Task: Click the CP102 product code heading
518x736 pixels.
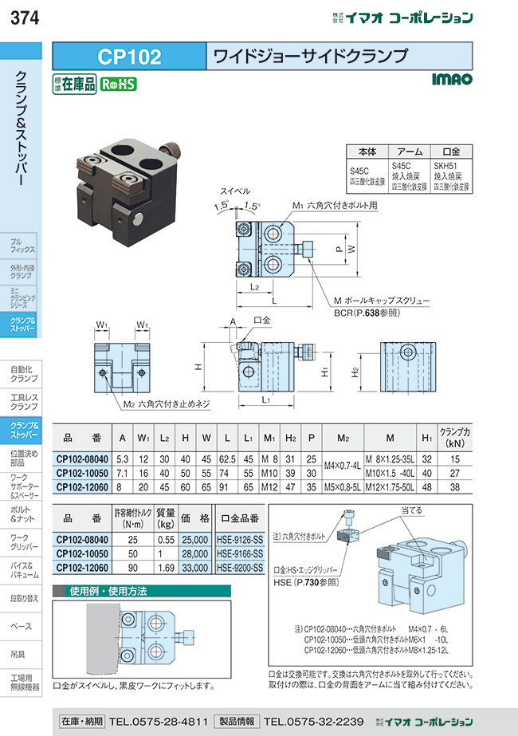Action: point(129,57)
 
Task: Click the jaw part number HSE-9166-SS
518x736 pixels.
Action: point(240,552)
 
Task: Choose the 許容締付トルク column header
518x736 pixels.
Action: point(133,517)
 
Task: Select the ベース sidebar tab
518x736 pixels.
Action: point(21,626)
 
